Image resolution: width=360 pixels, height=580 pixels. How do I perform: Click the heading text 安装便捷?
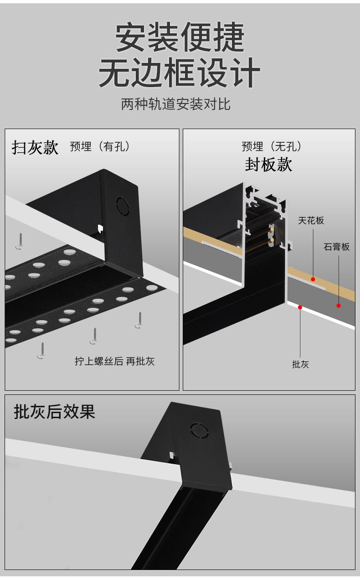click(180, 37)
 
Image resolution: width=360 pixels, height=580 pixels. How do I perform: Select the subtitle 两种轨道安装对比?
click(176, 104)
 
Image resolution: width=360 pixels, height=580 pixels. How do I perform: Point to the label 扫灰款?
click(35, 148)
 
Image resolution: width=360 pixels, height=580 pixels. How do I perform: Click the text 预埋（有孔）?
click(101, 147)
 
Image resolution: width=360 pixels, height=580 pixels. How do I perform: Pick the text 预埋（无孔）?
click(272, 147)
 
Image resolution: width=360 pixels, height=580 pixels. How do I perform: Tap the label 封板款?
click(268, 165)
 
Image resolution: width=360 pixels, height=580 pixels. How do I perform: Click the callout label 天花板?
click(311, 221)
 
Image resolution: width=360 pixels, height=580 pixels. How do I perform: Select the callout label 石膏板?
click(337, 247)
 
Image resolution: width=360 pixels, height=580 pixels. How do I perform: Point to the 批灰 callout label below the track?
click(300, 364)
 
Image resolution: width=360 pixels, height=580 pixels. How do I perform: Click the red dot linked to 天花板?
click(313, 279)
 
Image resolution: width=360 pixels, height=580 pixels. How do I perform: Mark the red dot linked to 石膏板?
click(339, 306)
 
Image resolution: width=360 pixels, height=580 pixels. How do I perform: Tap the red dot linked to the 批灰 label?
click(300, 307)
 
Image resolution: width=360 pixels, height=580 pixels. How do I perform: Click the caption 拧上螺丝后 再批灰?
click(115, 362)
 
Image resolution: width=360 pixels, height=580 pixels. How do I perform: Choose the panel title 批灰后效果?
click(55, 412)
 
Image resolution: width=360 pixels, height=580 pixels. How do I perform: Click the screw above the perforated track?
click(20, 239)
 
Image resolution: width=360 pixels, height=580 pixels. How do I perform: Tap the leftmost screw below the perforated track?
click(41, 350)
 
